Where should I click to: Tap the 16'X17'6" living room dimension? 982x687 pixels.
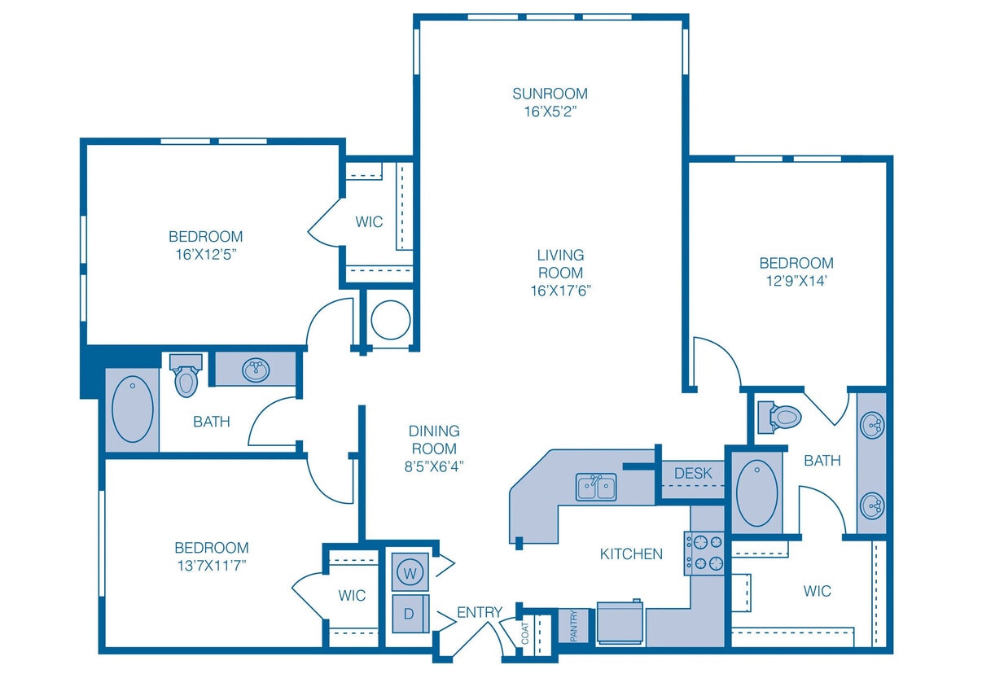[560, 291]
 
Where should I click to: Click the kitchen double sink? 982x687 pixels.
[597, 488]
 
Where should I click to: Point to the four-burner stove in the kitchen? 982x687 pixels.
[704, 554]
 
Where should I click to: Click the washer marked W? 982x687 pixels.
[411, 573]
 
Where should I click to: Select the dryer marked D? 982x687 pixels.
[410, 612]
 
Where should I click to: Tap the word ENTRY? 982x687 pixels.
[479, 612]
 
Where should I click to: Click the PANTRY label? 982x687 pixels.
[573, 626]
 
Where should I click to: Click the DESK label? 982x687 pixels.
[693, 473]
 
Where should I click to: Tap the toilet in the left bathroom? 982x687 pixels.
[186, 376]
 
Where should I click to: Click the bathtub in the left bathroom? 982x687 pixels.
[133, 409]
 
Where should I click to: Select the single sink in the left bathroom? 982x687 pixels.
[255, 370]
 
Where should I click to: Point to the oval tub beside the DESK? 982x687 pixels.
[756, 493]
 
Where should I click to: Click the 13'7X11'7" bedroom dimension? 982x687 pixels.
[211, 566]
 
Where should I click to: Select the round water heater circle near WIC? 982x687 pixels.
[390, 319]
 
